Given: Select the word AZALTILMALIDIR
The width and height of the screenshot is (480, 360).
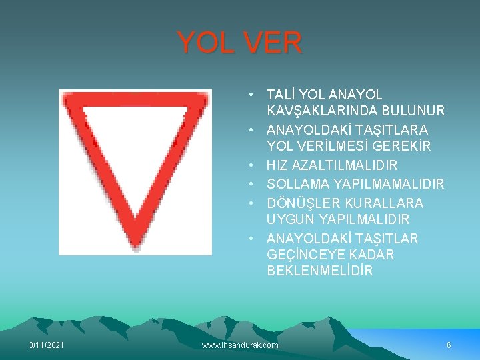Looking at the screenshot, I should tap(347, 165).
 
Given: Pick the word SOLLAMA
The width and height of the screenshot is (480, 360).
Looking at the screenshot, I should tap(298, 183).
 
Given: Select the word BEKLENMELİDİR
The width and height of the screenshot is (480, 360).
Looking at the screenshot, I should tap(320, 271).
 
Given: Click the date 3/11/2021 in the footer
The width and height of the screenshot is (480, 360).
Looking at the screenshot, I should tap(47, 345).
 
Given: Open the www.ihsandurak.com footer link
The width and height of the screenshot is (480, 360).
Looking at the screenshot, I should tap(240, 345).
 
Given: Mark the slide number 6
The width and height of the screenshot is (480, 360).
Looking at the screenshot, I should tap(449, 345).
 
